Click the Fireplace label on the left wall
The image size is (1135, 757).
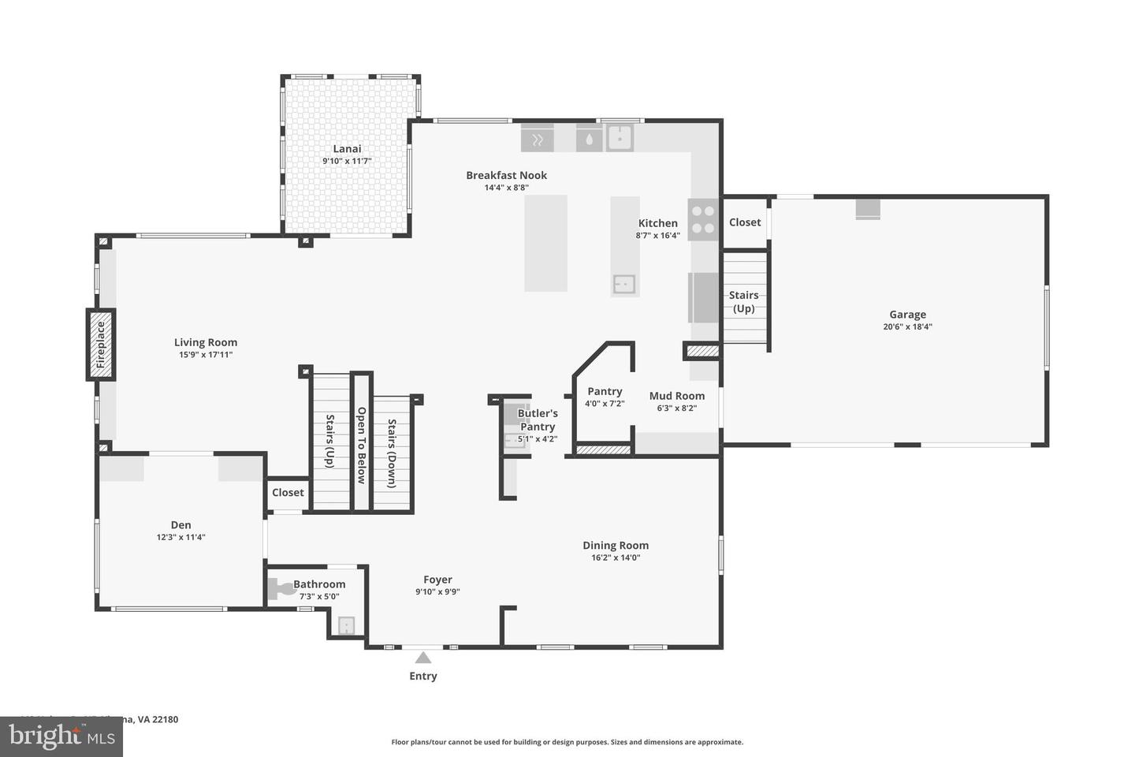coord(101,345)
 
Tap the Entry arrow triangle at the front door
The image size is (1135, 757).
coord(423,658)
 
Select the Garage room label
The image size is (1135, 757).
coord(907,315)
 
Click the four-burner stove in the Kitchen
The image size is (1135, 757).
coord(702,220)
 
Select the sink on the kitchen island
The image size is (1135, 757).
coord(624,284)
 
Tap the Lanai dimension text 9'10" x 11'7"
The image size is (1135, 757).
coord(347,161)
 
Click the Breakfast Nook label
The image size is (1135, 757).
coord(506,175)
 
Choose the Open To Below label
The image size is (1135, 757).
coord(362,446)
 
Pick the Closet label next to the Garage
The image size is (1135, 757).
coord(745,222)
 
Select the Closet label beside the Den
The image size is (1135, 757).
coord(288,493)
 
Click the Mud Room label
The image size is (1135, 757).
coord(676,396)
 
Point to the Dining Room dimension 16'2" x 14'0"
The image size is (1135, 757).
coord(616,557)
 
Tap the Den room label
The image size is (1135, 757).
coord(180,525)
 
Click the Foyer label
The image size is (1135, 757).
coord(437,580)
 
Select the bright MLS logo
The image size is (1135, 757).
coord(61,736)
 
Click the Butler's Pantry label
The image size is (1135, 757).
coord(538,420)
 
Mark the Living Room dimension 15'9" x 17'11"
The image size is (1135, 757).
coord(205,355)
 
